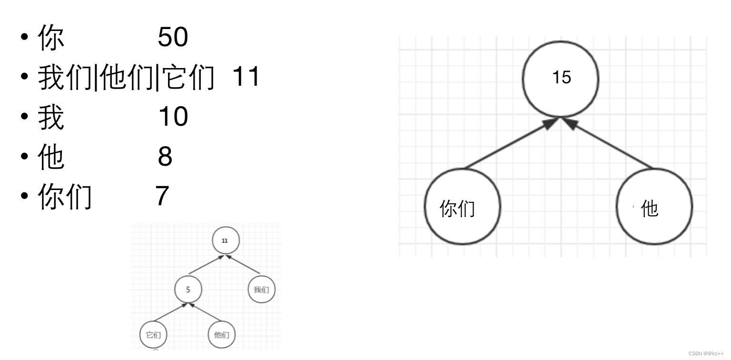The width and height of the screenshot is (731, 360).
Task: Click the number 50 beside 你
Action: (x=173, y=37)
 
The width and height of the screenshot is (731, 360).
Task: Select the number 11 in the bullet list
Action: (x=246, y=77)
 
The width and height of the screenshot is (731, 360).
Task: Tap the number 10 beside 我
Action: (x=173, y=117)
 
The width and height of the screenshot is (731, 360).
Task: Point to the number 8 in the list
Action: (x=165, y=157)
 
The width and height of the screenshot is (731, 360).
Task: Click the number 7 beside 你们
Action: (x=162, y=196)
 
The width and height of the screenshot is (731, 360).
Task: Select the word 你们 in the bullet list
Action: (x=65, y=197)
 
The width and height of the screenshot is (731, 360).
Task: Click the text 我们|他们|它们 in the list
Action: (x=126, y=78)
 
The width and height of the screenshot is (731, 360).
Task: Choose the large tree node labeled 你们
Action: (x=462, y=207)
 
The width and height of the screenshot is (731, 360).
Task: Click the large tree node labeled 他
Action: (x=654, y=207)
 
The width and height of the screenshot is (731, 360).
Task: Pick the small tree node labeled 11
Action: (x=225, y=241)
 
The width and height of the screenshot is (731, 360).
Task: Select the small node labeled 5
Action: (x=188, y=290)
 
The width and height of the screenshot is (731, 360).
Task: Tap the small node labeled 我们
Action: (x=261, y=289)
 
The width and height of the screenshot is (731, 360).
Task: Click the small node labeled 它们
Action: (x=153, y=335)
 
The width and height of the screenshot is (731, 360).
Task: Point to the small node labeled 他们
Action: (x=221, y=335)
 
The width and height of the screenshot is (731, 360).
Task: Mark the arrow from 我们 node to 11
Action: (x=244, y=267)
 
